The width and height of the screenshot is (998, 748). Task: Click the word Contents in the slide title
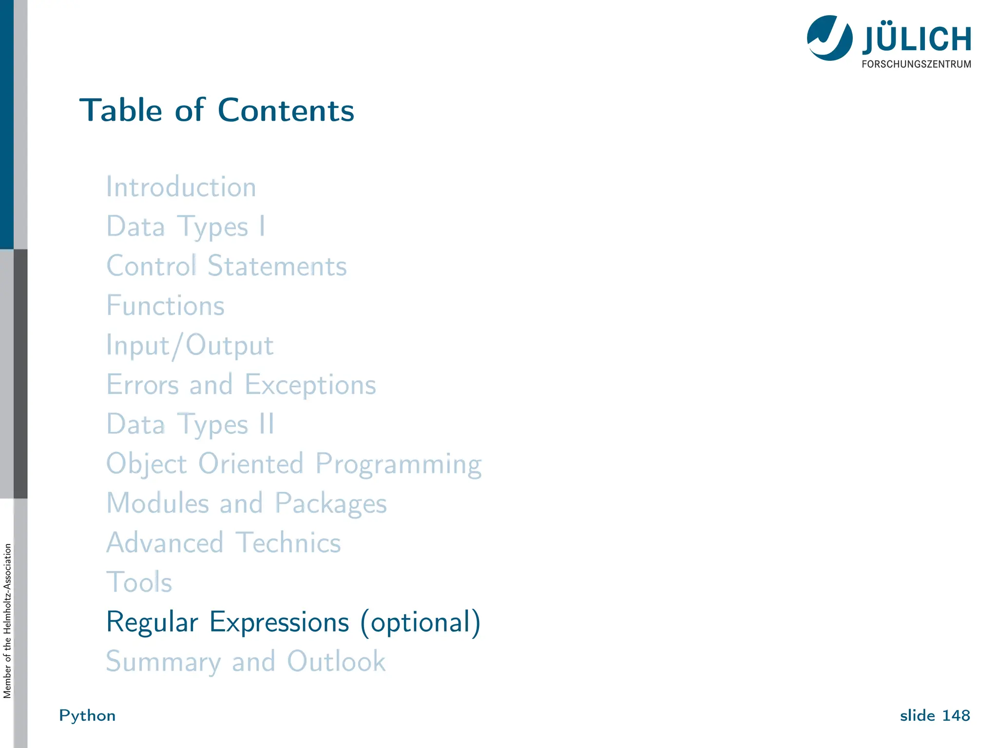[286, 111]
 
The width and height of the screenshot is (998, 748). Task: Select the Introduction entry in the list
[181, 187]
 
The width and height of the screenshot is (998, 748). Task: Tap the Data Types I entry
[186, 227]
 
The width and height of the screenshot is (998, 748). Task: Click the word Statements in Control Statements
[277, 266]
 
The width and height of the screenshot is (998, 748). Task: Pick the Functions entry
[165, 306]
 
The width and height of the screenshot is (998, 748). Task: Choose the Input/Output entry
[190, 346]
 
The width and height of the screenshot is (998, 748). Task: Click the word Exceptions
[310, 385]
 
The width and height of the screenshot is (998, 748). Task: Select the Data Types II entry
[190, 425]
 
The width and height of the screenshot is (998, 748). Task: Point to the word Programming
[398, 464]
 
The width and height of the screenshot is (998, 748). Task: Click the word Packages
[330, 504]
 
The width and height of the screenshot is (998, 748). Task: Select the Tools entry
[139, 582]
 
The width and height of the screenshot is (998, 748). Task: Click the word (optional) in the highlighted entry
[420, 622]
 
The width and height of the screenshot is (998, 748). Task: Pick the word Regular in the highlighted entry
[152, 622]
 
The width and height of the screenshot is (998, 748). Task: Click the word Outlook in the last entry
[336, 662]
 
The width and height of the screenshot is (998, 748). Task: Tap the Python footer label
[87, 716]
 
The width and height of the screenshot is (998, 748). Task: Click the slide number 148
[956, 716]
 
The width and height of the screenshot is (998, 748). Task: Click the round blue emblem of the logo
[829, 38]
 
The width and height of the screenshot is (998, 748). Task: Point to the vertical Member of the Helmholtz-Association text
[7, 621]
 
